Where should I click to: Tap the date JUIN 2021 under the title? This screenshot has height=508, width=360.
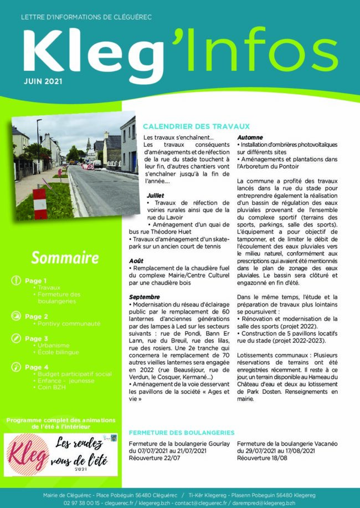click(43, 81)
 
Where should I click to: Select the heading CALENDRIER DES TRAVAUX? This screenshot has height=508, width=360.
click(196, 126)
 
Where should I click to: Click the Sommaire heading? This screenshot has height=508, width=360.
click(65, 258)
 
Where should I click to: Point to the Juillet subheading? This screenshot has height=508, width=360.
click(156, 196)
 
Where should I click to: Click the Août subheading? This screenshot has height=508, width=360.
click(136, 260)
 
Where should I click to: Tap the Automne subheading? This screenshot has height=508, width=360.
click(250, 137)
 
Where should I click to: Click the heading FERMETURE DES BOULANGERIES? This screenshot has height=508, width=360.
click(181, 432)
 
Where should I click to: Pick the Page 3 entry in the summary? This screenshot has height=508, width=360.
click(36, 338)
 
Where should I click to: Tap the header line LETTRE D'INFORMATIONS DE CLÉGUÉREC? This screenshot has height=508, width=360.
click(86, 17)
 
